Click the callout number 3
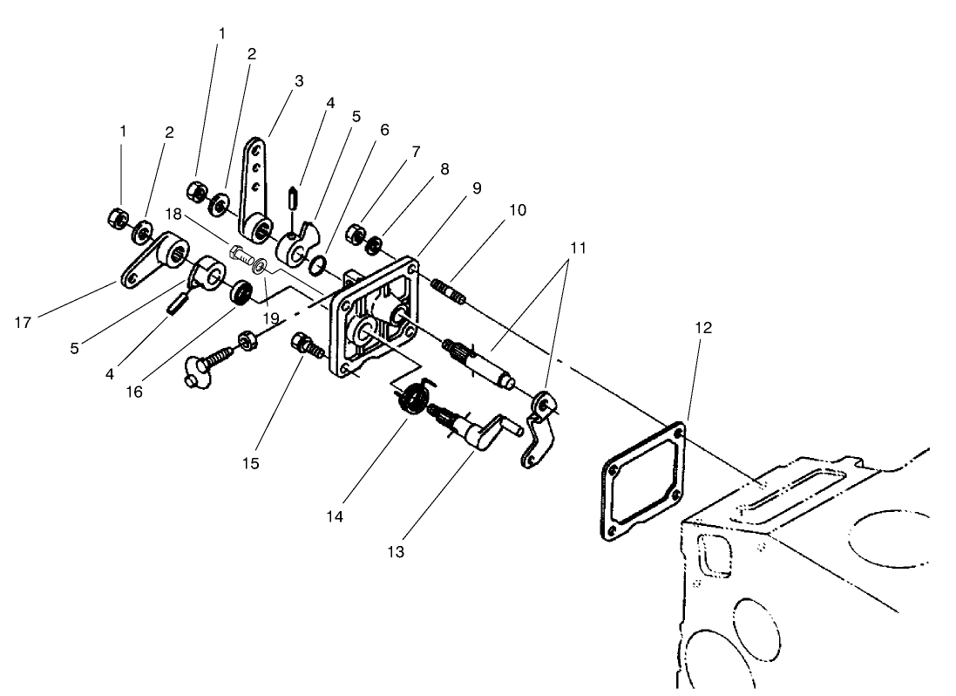(x=299, y=80)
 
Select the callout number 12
(x=704, y=328)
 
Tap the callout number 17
(x=24, y=323)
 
